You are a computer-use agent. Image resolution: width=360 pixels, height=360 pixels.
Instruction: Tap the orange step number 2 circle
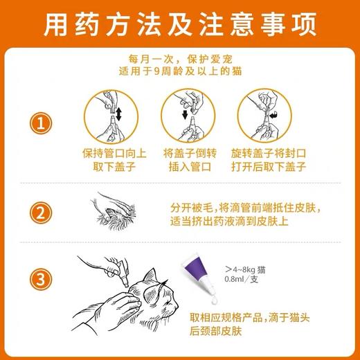point(42,211)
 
